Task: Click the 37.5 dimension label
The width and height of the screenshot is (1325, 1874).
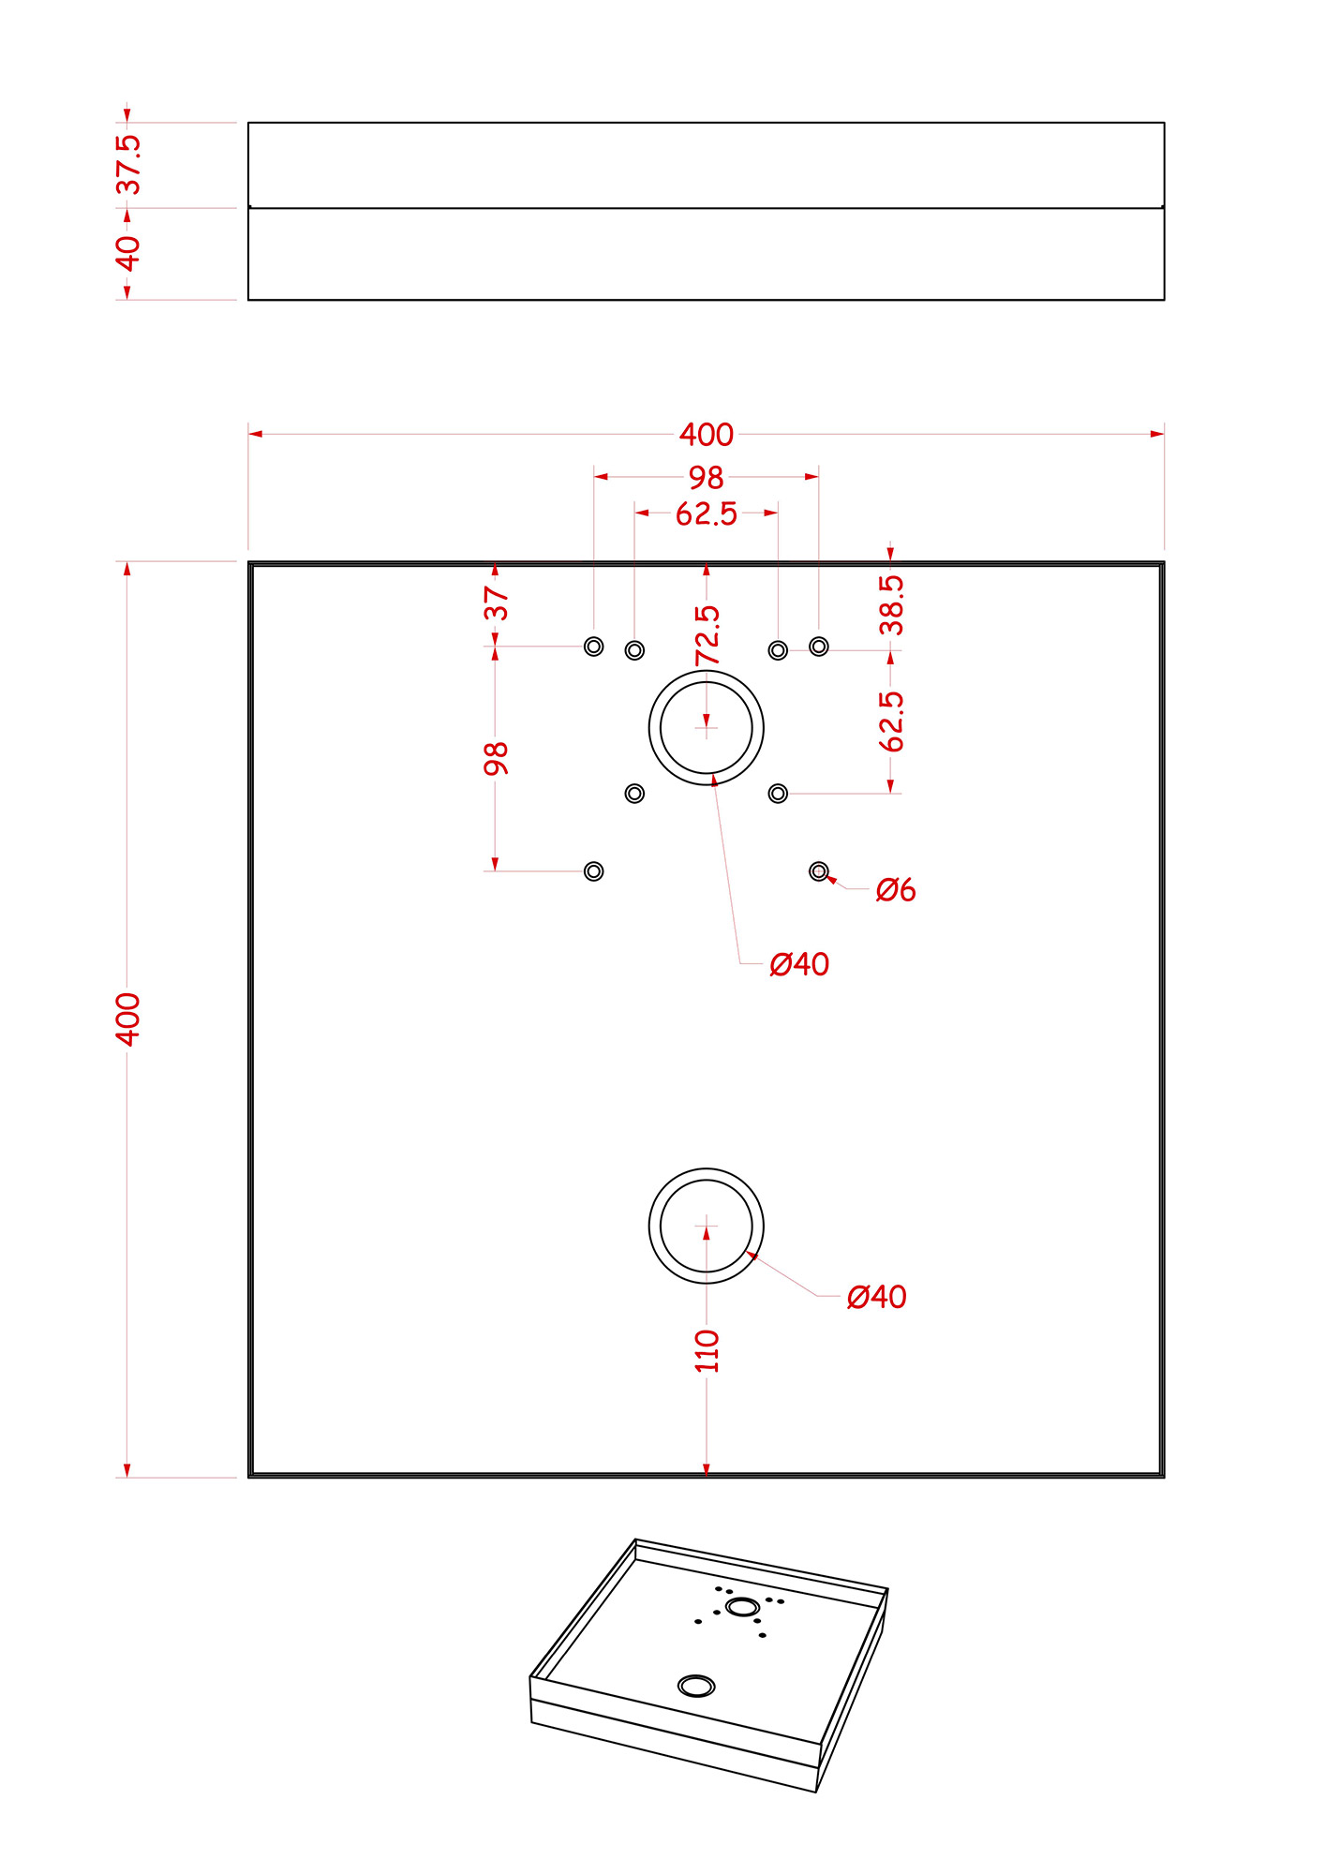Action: [x=128, y=164]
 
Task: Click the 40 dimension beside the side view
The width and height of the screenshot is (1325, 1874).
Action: [x=128, y=253]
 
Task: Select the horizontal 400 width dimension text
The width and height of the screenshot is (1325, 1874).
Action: [x=707, y=435]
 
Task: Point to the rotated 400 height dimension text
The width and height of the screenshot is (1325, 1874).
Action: [x=127, y=1019]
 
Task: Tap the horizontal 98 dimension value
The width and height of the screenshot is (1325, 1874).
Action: [x=707, y=478]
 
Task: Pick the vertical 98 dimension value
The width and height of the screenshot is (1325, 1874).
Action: [x=496, y=758]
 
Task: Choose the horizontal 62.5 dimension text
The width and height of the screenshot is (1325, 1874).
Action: [x=707, y=513]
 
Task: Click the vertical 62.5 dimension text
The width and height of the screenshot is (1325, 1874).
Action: [x=891, y=721]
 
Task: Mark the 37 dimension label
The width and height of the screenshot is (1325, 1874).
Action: [x=496, y=603]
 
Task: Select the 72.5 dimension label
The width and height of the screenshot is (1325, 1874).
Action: [x=707, y=635]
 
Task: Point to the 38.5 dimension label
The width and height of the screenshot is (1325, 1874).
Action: [x=891, y=605]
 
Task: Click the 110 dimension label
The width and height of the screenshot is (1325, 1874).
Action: [x=707, y=1351]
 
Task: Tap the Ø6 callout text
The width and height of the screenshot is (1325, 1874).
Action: [x=896, y=889]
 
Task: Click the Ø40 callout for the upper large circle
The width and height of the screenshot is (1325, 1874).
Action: [x=799, y=964]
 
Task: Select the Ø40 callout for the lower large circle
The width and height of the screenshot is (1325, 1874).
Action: [x=876, y=1297]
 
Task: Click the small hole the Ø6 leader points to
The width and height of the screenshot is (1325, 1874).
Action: [x=819, y=871]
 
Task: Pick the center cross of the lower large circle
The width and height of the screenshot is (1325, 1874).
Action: [x=707, y=1226]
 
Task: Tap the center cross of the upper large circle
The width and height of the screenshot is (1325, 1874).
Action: [x=707, y=727]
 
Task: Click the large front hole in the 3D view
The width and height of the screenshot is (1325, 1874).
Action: [x=696, y=1687]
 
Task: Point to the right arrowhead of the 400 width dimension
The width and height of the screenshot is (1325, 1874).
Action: [x=1157, y=434]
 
